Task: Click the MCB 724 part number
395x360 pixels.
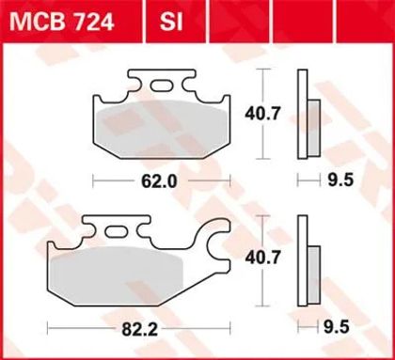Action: coord(61,23)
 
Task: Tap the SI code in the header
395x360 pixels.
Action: coord(171,23)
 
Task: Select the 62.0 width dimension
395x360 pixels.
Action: coord(159,181)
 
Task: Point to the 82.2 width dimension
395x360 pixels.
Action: coord(139,329)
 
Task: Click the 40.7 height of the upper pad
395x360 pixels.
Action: coord(262,114)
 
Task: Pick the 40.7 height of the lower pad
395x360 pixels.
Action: coord(262,258)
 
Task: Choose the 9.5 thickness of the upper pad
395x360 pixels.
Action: coord(340,180)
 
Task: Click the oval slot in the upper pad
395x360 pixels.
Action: coord(162,86)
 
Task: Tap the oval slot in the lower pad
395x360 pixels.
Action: coord(116,232)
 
